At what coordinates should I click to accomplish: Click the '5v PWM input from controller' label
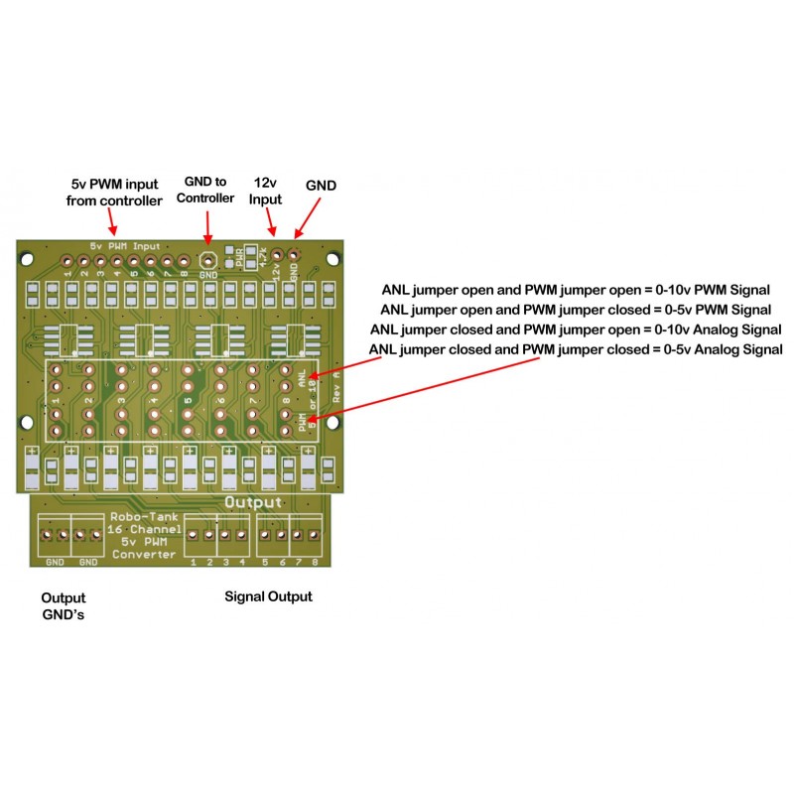click(114, 193)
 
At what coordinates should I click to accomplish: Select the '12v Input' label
click(265, 192)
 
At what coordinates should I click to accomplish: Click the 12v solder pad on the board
click(277, 256)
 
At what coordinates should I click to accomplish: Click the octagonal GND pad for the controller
click(207, 257)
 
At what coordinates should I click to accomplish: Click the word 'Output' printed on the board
click(254, 503)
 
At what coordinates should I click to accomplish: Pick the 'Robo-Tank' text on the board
click(144, 518)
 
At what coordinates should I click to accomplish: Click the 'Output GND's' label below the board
click(63, 606)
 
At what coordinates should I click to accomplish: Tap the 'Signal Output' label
click(268, 596)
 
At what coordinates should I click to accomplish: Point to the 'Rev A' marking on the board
click(336, 385)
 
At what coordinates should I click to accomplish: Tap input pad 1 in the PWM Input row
click(68, 257)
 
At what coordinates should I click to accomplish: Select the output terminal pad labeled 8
click(312, 536)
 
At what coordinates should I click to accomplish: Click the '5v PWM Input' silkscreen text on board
click(124, 245)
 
